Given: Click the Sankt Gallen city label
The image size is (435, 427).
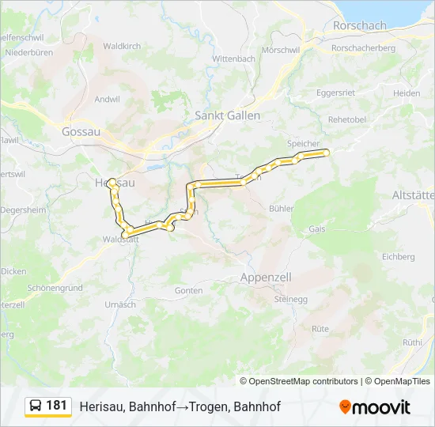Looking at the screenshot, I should coord(227,115).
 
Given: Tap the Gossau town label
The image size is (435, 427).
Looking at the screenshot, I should coord(81,132).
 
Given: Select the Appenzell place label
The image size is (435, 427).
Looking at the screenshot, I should coord(265,278).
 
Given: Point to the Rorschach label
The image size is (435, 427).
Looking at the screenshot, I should coord(360,25).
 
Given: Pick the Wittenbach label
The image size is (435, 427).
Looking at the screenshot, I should coord(233,59).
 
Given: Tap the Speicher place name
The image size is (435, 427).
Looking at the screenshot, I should coord(303,143).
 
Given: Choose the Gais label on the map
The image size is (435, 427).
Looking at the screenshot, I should coord(316,228).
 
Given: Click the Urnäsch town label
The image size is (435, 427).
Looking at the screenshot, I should coord(120,304).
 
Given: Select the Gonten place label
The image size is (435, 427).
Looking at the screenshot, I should coord(188,290).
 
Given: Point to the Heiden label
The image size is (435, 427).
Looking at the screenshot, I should coord(407,93).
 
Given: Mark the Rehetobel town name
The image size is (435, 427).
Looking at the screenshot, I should coord(347,119).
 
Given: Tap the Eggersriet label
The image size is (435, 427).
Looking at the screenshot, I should coord(335,93).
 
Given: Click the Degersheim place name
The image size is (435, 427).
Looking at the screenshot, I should coord(24,210).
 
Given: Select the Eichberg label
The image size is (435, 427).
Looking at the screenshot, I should coord(398,257).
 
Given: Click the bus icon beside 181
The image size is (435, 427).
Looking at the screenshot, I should coord(36,406).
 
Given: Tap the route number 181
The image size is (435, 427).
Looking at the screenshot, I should coord(57,406).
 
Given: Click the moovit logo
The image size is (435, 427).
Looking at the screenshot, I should coord(374,407).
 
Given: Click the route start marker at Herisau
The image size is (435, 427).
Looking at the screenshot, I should coord(112,181).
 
